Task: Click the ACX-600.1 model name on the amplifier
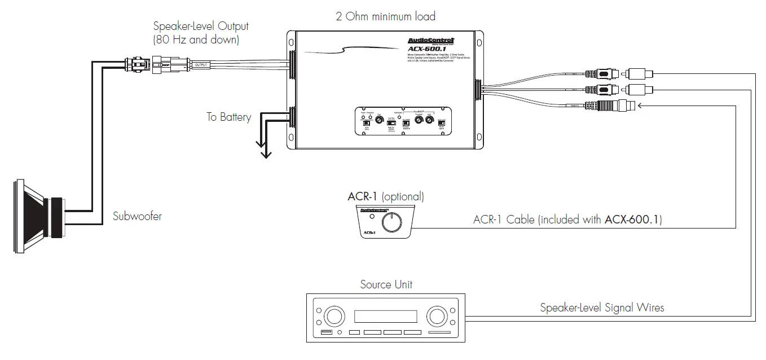pos(431,49)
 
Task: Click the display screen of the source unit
pos(385,314)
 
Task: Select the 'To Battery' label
pos(228,117)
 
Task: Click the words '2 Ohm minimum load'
pos(385,16)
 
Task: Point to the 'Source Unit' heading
pos(386,284)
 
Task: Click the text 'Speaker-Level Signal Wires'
pos(602,308)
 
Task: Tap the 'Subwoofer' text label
pos(137,216)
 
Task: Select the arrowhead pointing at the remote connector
pos(641,104)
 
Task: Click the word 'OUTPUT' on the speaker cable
pos(201,65)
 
